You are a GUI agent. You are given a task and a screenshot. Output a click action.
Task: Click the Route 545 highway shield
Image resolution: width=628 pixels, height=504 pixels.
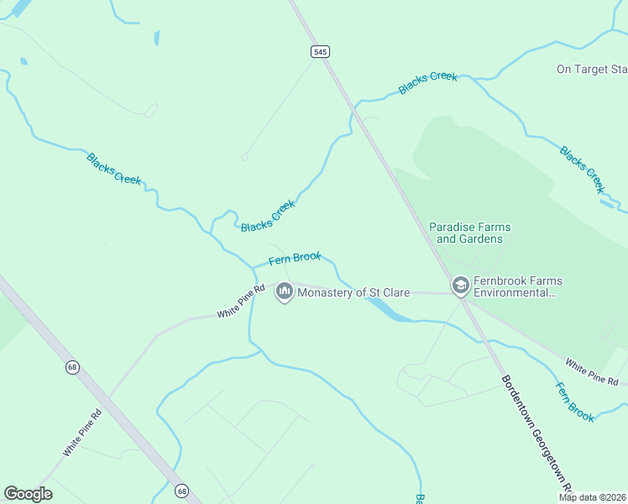click(x=319, y=52)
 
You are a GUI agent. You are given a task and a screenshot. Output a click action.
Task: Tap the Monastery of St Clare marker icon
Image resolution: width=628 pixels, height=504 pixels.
click(x=284, y=292)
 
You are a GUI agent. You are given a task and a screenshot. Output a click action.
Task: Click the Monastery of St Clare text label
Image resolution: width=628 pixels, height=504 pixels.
click(x=353, y=292)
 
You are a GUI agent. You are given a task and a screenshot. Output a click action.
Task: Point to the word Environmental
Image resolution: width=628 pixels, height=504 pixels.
click(x=515, y=293)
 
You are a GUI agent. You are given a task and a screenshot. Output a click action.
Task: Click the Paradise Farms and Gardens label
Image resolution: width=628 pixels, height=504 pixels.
click(x=469, y=233)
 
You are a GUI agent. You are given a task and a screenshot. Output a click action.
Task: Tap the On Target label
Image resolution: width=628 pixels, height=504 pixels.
click(x=592, y=69)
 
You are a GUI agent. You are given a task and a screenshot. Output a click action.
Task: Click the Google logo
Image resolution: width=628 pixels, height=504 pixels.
click(x=28, y=494)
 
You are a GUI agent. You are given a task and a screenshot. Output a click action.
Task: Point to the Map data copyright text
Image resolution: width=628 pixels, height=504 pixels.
click(x=591, y=497)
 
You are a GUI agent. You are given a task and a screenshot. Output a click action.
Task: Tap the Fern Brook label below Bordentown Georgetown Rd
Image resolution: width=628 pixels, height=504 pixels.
click(x=575, y=402)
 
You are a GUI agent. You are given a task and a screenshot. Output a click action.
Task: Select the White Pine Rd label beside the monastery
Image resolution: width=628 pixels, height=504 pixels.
click(x=241, y=301)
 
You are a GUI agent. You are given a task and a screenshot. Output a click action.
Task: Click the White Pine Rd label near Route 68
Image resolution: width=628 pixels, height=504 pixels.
click(x=82, y=433)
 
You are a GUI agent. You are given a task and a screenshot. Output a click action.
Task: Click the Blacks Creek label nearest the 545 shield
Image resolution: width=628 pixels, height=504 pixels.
click(x=428, y=82)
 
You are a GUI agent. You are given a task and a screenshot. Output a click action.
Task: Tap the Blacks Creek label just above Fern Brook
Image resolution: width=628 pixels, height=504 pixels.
click(x=269, y=216)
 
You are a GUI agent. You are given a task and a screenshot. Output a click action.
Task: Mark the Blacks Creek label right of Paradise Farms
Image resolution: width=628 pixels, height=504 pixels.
click(x=582, y=168)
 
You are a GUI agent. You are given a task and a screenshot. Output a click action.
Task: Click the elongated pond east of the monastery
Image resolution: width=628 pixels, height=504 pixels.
click(x=387, y=311)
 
